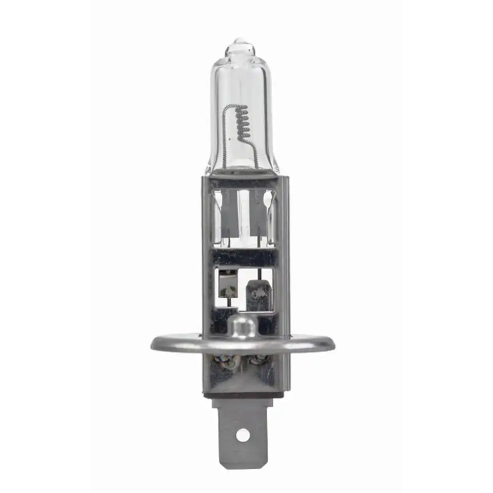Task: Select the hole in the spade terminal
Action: click(x=243, y=435)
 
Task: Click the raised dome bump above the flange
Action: click(x=242, y=326)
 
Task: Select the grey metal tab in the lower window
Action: click(x=257, y=295)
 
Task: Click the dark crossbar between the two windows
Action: click(x=242, y=257)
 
